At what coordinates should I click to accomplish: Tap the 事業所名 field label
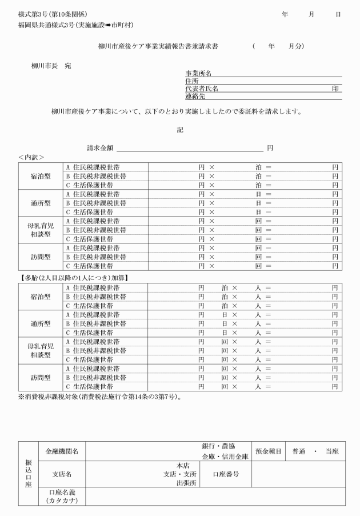click(x=198, y=74)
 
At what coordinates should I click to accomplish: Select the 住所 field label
click(x=191, y=81)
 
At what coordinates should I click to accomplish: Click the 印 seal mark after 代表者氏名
click(x=336, y=89)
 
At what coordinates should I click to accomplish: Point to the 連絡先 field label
click(x=195, y=96)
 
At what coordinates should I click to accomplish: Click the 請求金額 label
click(x=100, y=148)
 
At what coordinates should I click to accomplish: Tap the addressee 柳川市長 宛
click(x=51, y=66)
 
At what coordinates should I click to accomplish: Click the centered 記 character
click(x=180, y=130)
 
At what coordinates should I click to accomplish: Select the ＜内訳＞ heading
click(x=31, y=157)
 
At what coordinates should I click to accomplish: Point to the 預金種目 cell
click(x=267, y=451)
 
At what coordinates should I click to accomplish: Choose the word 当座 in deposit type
click(x=332, y=451)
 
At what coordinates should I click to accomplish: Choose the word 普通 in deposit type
click(x=301, y=451)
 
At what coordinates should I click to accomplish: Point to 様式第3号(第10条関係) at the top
click(x=53, y=14)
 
